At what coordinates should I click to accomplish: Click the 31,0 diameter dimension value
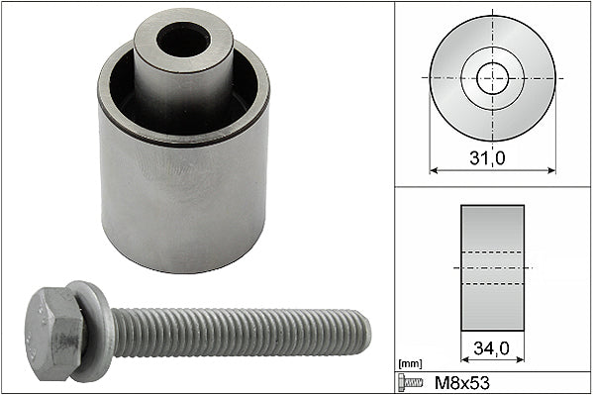(x=487, y=157)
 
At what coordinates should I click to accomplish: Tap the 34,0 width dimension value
(x=491, y=348)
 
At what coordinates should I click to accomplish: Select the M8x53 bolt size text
(x=462, y=383)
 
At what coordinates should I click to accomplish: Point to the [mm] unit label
(x=410, y=364)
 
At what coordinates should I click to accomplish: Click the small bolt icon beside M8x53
(x=410, y=382)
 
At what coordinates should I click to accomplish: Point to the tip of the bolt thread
(x=370, y=333)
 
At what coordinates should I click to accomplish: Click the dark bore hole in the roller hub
(x=183, y=40)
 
